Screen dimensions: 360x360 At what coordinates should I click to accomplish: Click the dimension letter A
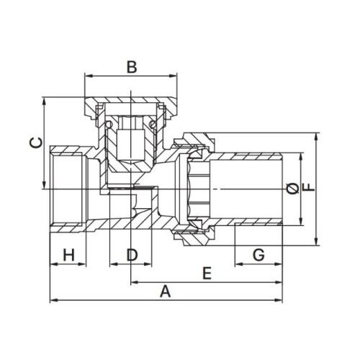tap(166, 291)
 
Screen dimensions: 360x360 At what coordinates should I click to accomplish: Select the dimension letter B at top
tap(132, 67)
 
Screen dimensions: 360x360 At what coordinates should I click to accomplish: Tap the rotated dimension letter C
tap(36, 143)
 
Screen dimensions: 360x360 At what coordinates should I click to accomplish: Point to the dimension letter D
tap(132, 255)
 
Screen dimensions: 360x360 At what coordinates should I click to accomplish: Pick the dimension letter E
tap(207, 273)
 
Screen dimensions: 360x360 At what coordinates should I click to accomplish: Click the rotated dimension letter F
tap(309, 187)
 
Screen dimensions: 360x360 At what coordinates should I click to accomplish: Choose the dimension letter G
tap(258, 255)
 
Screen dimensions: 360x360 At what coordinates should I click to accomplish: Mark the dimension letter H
tap(69, 255)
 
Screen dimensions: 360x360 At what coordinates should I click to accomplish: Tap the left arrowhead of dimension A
tap(53, 300)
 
